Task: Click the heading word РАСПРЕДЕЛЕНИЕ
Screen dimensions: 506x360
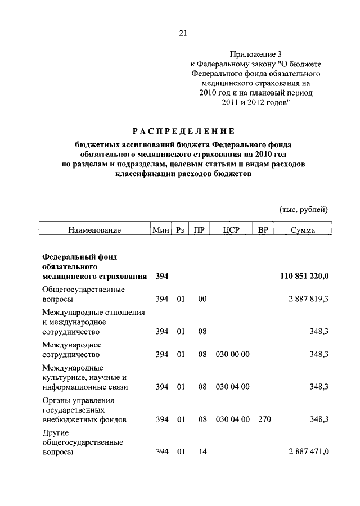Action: (183, 132)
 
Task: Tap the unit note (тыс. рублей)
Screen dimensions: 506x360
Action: (304, 210)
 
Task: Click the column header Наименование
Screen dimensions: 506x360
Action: (94, 231)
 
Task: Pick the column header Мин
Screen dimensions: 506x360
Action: (160, 231)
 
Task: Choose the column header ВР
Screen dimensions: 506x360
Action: (263, 231)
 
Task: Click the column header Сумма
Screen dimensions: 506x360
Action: (303, 231)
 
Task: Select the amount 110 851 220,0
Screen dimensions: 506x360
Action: (304, 276)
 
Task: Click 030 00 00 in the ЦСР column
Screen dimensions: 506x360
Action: (232, 355)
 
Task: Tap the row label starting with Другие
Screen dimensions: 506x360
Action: (83, 442)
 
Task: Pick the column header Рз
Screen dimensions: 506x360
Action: (180, 231)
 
